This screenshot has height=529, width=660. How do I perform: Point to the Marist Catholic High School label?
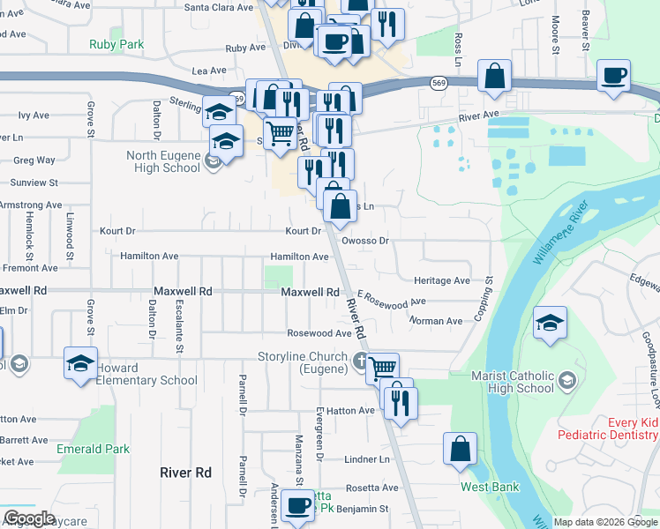pyautogui.click(x=513, y=382)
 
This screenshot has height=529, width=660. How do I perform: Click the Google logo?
pyautogui.click(x=29, y=518)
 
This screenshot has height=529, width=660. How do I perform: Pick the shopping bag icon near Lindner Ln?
pyautogui.click(x=461, y=449)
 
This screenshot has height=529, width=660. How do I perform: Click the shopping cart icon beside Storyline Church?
pyautogui.click(x=383, y=369)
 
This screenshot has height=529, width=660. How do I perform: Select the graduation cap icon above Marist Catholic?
pyautogui.click(x=550, y=324)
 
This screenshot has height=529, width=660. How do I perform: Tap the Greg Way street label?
pyautogui.click(x=34, y=160)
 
